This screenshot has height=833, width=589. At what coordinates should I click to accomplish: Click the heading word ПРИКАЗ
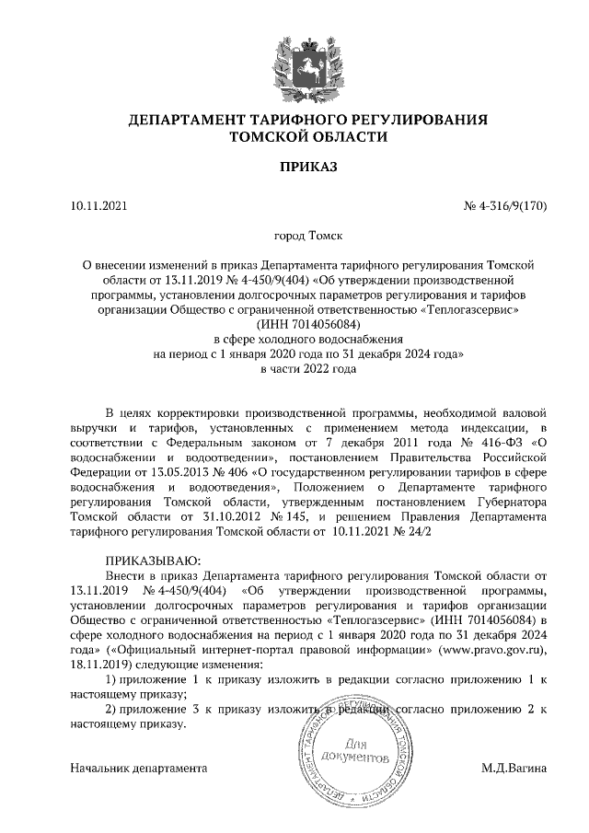294,168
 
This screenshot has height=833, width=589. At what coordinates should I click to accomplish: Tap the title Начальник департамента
139,767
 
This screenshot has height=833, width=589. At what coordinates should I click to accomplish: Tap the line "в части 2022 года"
294,368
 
